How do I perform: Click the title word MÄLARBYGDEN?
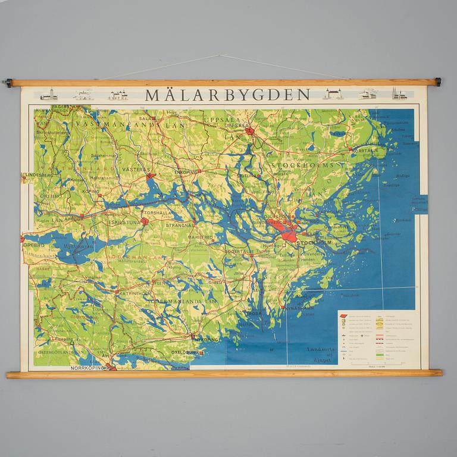coord(228,95)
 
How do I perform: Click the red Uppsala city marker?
coord(251,131)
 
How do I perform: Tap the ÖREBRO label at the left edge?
coord(33,244)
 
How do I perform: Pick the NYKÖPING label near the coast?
coord(206,340)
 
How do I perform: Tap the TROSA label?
coord(254,313)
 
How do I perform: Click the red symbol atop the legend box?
coord(344,315)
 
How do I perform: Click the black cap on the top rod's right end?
coord(438,82)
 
